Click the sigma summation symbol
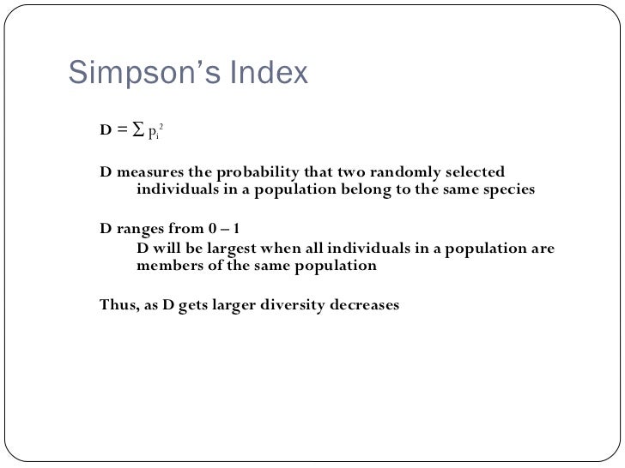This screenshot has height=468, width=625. pyautogui.click(x=137, y=129)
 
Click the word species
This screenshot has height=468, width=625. pyautogui.click(x=504, y=189)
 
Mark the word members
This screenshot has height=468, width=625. pyautogui.click(x=168, y=266)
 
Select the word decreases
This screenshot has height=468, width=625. pyautogui.click(x=364, y=304)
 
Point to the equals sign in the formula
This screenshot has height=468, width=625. pyautogui.click(x=122, y=130)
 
